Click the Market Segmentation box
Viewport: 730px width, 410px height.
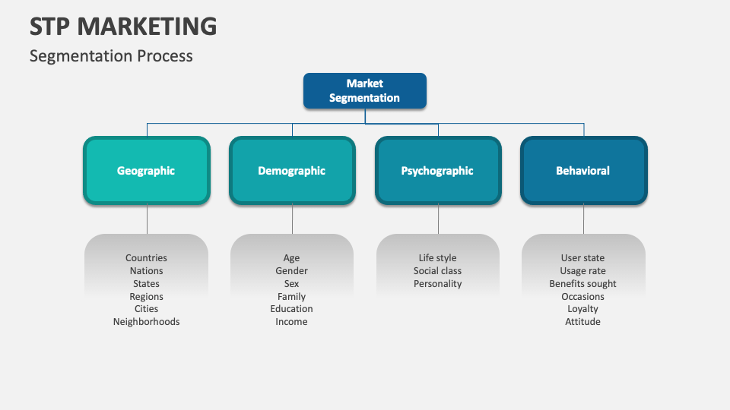(365, 90)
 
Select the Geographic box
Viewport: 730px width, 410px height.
(146, 171)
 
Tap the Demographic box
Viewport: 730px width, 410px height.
(292, 171)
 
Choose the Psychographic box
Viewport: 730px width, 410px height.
(437, 171)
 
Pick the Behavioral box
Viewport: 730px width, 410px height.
(583, 171)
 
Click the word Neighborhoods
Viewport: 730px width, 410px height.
(146, 322)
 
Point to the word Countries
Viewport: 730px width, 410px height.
(146, 258)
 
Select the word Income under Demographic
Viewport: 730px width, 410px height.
(292, 322)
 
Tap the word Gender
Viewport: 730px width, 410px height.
(292, 271)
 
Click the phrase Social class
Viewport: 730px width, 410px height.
(437, 271)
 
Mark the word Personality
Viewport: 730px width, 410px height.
(437, 284)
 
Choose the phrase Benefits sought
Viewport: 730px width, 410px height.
(583, 284)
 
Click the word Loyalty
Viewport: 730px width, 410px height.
(583, 309)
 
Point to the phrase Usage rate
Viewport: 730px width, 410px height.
(583, 271)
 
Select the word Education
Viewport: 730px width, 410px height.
(292, 309)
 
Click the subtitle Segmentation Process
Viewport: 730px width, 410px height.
(111, 56)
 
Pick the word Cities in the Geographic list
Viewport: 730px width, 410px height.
(146, 309)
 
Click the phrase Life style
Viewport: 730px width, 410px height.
(437, 258)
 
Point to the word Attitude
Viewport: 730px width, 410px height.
(583, 322)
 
